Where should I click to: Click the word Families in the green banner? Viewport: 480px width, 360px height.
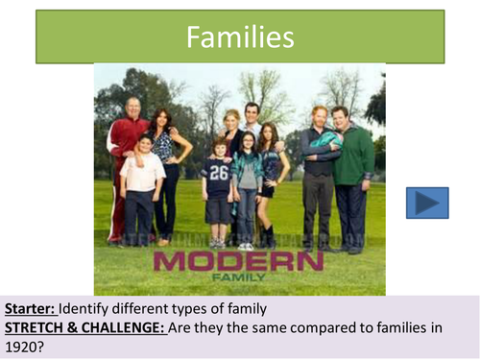(x=239, y=38)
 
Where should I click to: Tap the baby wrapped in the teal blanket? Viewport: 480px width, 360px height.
(x=324, y=138)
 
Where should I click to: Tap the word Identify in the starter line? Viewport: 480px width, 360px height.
(x=85, y=309)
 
